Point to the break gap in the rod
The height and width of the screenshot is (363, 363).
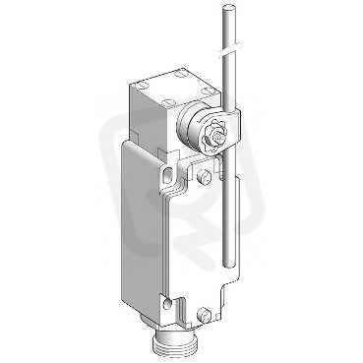coord(232,47)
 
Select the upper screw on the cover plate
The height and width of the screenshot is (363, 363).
coord(201,176)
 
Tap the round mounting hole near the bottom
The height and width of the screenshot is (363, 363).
coord(167,302)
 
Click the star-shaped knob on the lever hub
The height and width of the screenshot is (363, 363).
coord(215,137)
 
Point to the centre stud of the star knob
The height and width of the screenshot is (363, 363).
coord(216,136)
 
